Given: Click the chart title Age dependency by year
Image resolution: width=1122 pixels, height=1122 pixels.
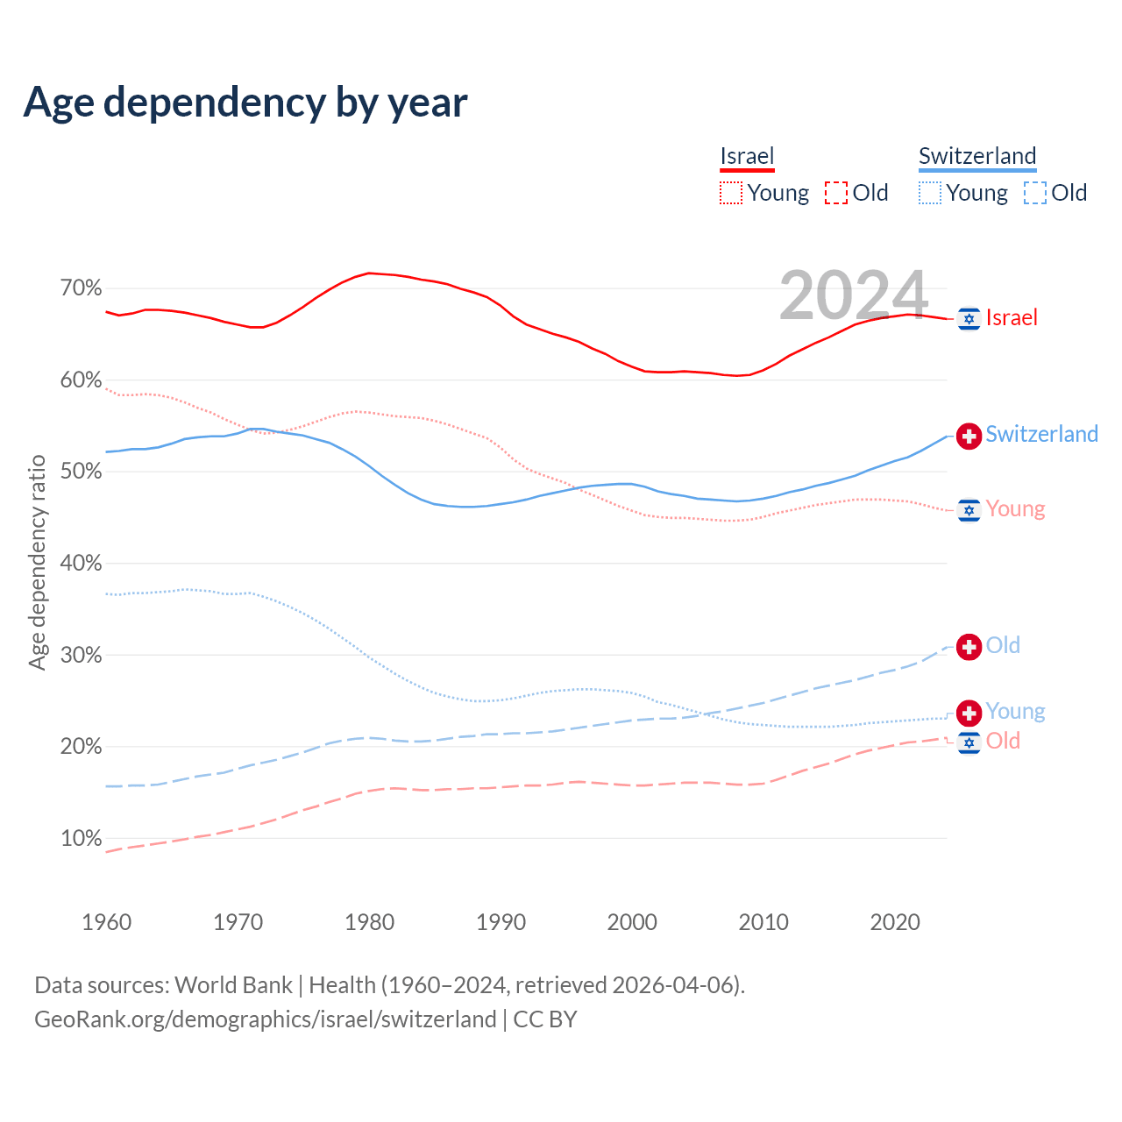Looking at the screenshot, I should coord(245,103).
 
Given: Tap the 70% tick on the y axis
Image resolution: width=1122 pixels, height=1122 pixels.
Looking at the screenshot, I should coord(81,288).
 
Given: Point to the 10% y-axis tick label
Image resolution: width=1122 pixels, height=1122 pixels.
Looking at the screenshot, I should coord(81,839).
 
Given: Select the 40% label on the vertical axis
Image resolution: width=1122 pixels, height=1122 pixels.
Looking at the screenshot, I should coord(81,564).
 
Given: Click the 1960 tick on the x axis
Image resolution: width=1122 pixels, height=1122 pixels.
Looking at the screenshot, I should coord(106,922).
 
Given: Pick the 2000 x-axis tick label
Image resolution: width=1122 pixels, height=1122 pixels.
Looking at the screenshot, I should coord(632,922).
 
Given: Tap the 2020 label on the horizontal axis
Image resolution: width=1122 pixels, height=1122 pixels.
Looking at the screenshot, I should coord(895,922).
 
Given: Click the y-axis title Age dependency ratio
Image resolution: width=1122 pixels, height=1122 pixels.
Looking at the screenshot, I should coord(37,562).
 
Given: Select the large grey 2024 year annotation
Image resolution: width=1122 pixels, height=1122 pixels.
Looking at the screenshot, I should coord(853,295).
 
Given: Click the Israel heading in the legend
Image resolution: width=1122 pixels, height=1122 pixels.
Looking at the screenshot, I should coord(747,156).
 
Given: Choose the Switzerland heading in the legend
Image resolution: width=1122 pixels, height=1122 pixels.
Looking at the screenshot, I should coord(977,156).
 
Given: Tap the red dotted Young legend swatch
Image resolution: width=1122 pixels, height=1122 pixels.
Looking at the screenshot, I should coord(731,193).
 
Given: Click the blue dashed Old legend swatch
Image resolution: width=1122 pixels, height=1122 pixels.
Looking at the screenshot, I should coord(1034,193).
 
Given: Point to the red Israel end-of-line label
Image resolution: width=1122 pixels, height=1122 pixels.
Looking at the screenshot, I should coord(1012,317).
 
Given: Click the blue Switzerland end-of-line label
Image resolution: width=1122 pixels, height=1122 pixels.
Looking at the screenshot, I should coord(1041,434).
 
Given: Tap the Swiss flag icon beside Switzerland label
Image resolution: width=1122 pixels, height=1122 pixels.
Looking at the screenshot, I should coord(969,436).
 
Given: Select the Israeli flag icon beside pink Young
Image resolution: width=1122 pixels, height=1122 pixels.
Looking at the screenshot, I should coord(969,510).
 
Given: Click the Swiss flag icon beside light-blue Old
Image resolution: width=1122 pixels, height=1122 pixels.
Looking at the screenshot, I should coord(969,647).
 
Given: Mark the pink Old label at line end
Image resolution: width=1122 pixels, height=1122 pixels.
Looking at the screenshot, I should coord(1003,742).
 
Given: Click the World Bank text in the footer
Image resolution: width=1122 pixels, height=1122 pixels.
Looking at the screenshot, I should coord(233,985).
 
